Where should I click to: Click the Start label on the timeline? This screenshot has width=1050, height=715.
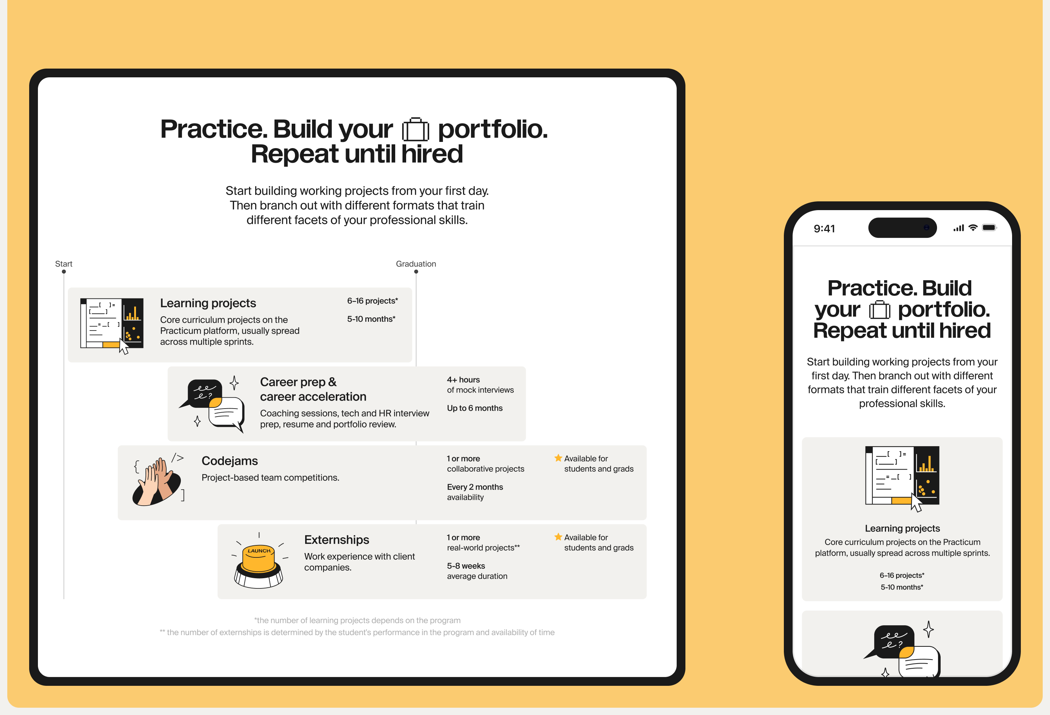click(64, 264)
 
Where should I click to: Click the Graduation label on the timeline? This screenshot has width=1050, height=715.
click(416, 264)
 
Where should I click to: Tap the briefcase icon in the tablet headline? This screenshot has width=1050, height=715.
click(415, 130)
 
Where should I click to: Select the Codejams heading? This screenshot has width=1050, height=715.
click(230, 461)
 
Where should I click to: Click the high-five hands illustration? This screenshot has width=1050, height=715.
click(159, 479)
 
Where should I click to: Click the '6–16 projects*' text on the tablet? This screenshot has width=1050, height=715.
click(372, 301)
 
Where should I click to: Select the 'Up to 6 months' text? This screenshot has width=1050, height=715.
click(474, 408)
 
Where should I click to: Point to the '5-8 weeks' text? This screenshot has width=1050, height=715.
click(466, 566)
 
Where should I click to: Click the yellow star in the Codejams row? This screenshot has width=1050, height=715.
click(558, 458)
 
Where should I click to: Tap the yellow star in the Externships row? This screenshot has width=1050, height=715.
click(558, 537)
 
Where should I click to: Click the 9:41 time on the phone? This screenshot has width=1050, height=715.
click(824, 229)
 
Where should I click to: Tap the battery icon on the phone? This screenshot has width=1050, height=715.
click(989, 228)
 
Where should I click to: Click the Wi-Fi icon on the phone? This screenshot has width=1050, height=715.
click(973, 228)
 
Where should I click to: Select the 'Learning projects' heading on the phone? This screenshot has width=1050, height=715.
click(902, 528)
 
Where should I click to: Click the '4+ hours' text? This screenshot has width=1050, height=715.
click(463, 380)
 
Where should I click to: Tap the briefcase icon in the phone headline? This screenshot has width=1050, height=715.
click(879, 310)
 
